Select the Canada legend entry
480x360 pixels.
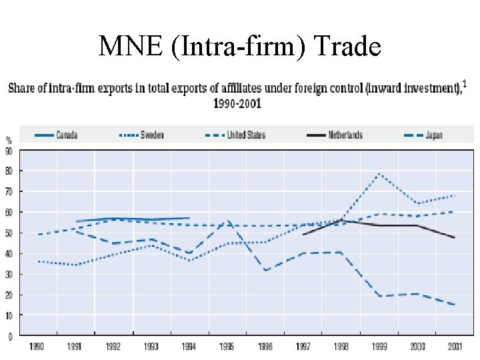[x=67, y=135]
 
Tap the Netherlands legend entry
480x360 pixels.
[x=345, y=135]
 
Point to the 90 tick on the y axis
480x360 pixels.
[x=9, y=151]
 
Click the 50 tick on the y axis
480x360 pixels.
[x=9, y=233]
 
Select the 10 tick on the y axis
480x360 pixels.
[x=9, y=315]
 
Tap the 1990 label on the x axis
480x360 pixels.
[x=37, y=347]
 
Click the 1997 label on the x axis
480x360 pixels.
[x=303, y=347]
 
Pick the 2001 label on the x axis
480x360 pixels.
[x=455, y=347]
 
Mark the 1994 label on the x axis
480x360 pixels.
[x=189, y=347]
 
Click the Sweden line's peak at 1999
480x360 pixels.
[x=379, y=173]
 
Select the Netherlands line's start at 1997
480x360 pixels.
[x=303, y=234]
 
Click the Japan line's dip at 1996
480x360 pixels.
[x=265, y=270]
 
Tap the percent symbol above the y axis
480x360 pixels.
[x=9, y=141]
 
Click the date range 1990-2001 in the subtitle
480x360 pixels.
[x=237, y=103]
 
